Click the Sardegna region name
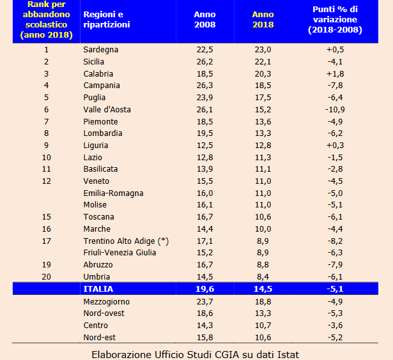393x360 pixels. [x=101, y=50]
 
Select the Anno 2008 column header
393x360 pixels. [x=204, y=20]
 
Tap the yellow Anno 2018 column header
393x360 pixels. [x=263, y=20]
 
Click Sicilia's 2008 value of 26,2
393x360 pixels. [x=204, y=62]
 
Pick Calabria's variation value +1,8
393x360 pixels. [x=335, y=74]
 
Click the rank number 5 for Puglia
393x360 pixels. [x=46, y=98]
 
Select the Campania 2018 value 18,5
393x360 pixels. [x=263, y=86]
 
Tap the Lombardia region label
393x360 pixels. [x=103, y=133]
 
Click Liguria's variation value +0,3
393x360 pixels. [x=335, y=146]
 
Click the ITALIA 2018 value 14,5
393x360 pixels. [x=263, y=289]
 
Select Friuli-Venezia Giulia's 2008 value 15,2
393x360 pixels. [x=204, y=253]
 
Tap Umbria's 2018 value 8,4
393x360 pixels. [x=263, y=277]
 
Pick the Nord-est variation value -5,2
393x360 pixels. [x=335, y=337]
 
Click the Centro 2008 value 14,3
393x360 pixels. [x=204, y=325]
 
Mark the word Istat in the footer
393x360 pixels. [x=286, y=354]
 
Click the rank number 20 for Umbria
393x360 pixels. [x=46, y=277]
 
